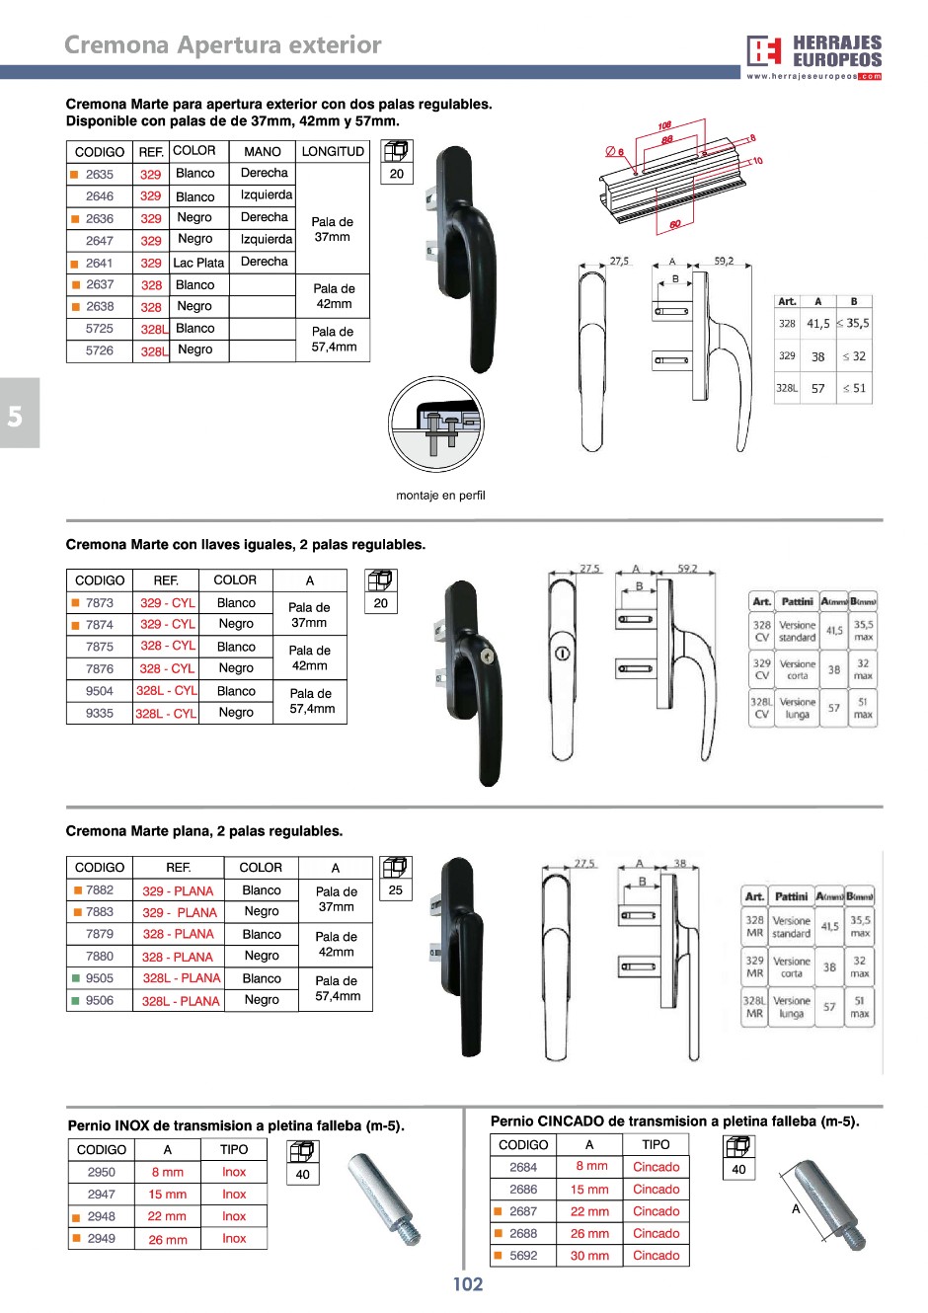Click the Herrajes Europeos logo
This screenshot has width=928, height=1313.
813,56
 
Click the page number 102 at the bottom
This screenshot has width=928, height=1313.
468,1284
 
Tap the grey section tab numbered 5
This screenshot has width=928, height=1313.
17,415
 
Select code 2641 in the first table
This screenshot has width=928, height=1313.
100,264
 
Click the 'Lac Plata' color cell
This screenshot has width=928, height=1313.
198,264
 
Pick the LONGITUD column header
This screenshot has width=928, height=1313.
333,152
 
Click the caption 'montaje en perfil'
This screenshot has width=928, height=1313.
440,496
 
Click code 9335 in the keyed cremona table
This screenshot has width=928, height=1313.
100,713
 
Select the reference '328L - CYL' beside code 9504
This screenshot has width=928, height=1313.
166,691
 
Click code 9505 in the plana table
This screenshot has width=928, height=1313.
100,978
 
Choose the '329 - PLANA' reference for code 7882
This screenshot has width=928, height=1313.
178,890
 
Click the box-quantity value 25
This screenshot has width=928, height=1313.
396,889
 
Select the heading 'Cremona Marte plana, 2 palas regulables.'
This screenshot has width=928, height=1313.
204,831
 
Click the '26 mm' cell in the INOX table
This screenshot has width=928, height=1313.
168,1239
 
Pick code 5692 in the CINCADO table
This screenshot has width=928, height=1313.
523,1256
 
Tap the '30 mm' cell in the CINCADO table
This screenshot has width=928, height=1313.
589,1256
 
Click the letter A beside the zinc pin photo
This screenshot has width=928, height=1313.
796,1208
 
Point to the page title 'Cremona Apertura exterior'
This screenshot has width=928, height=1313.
223,45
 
